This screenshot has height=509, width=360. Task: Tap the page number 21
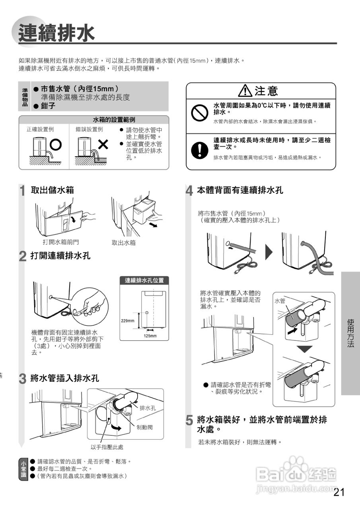coord(339,492)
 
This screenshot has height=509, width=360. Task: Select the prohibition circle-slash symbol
coord(198,113)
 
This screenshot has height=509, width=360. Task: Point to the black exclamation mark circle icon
coord(198,148)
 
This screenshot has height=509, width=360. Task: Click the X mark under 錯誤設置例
coord(103,144)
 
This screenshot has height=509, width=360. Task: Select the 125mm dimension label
coord(150,336)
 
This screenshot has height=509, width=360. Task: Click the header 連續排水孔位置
coord(144,280)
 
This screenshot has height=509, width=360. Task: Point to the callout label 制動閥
coord(144,427)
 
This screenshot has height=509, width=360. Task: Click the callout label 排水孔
coord(148,408)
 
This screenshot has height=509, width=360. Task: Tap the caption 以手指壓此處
coord(107,447)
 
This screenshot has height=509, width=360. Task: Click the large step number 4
coord(190,191)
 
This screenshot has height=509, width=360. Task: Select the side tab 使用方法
coord(350,333)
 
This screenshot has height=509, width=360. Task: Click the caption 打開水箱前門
coord(61,242)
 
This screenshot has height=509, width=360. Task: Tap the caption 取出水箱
coord(124,242)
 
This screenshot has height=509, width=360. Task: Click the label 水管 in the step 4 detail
coord(280,301)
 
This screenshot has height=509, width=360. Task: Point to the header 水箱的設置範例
coord(114,119)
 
